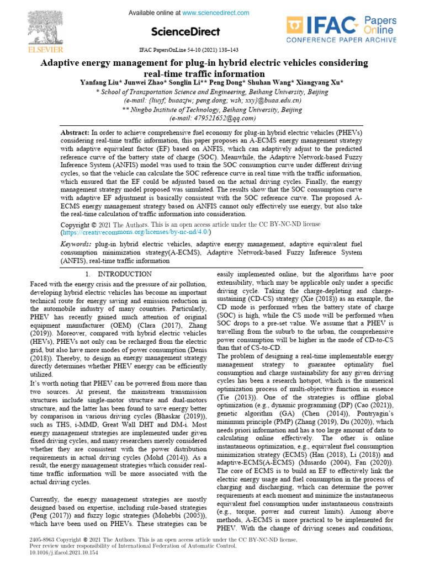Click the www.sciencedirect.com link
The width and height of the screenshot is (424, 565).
coord(210,12)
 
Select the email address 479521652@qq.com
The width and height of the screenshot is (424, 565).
coord(220,118)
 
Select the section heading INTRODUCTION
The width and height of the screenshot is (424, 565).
coord(124,274)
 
